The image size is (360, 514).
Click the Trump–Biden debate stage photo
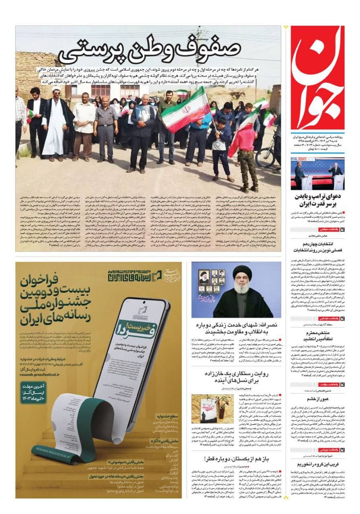[317, 173]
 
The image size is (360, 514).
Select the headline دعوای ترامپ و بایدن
[317, 200]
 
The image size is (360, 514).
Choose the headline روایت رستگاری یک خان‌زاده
[237, 377]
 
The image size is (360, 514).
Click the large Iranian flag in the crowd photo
[186, 109]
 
